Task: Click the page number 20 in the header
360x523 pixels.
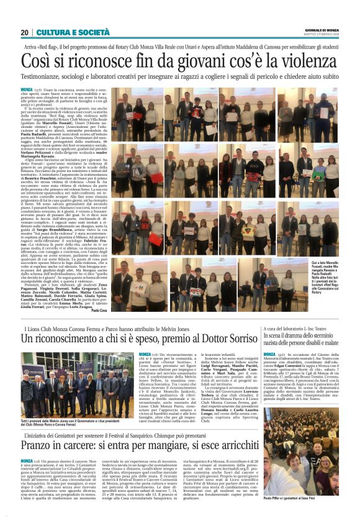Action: [x=24, y=32]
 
